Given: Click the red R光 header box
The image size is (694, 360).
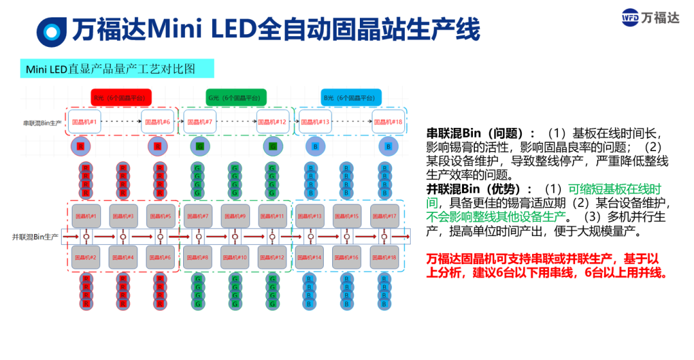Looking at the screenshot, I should point(121,98).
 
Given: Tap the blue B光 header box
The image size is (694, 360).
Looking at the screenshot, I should point(351,98).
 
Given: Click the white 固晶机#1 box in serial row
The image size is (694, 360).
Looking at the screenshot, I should point(85,122).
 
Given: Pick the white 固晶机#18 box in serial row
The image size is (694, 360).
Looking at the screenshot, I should point(388,122).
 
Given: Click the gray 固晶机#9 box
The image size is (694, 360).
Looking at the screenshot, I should point(235,216).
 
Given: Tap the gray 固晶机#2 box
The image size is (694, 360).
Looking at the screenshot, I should point(85,257).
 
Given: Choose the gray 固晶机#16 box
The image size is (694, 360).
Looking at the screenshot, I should point(346,257).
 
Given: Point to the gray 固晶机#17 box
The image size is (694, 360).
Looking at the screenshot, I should point(384,216).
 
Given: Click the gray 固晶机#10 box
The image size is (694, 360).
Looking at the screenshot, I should point(235,257).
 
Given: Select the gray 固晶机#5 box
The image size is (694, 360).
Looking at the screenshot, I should point(161,216).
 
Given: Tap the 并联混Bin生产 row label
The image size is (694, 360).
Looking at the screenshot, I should point(35,237).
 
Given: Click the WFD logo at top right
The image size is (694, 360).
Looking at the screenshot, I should point(650,17).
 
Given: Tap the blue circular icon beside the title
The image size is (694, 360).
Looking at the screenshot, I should point(51,30).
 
